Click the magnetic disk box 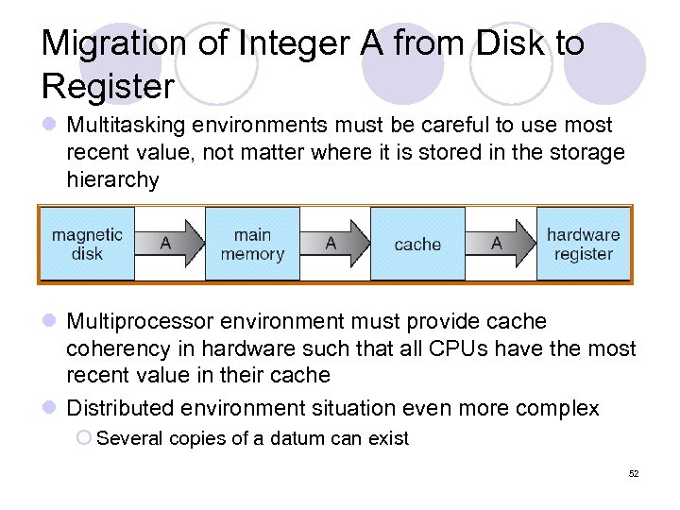[x=87, y=244]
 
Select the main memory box [x=252, y=244]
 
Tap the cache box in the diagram [x=417, y=245]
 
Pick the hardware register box [x=583, y=244]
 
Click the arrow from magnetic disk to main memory [x=170, y=244]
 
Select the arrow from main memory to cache [x=335, y=244]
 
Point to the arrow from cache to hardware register [x=501, y=244]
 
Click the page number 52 [x=634, y=473]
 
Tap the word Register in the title [x=108, y=87]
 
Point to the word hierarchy [x=112, y=180]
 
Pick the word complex [x=556, y=408]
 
